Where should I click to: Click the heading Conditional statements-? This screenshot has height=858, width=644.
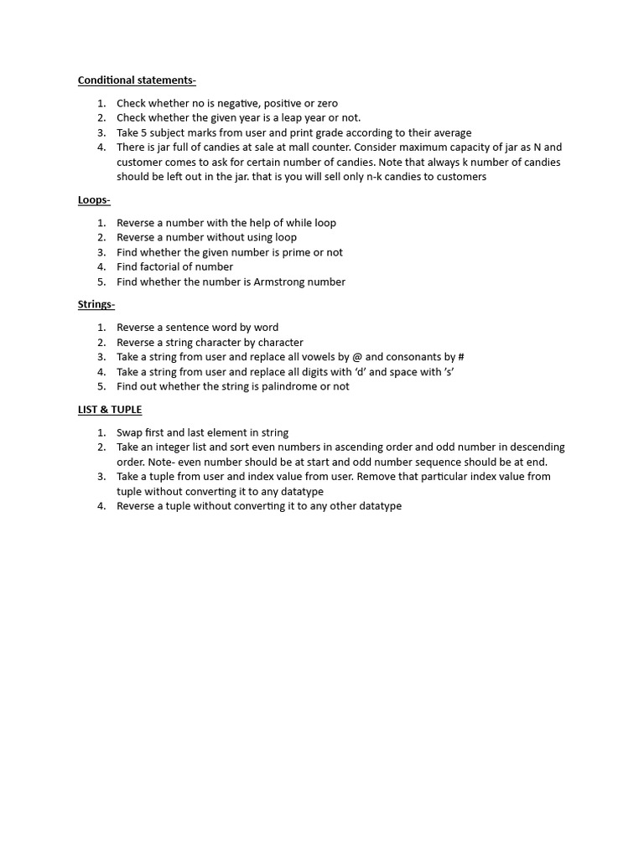[137, 80]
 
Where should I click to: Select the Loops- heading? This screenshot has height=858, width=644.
[94, 199]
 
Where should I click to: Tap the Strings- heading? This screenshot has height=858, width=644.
[96, 304]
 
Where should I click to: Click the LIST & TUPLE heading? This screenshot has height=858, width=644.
[110, 409]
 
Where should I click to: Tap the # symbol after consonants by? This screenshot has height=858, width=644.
[461, 357]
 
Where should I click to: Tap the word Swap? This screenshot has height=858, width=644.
[130, 432]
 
